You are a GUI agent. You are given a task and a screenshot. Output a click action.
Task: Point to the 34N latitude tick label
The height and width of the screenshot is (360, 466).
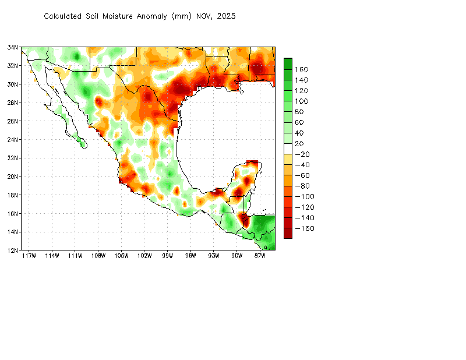(13, 47)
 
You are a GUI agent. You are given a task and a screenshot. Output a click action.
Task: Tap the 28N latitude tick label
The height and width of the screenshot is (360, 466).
(13, 103)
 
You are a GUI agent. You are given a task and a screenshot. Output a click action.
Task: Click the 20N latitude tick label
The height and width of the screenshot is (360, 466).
(13, 177)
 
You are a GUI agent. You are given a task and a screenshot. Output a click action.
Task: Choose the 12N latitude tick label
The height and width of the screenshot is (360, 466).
(13, 250)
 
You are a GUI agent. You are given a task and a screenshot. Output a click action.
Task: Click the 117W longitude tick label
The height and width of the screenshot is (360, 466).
(29, 256)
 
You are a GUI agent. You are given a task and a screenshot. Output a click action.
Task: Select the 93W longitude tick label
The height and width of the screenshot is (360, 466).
(214, 256)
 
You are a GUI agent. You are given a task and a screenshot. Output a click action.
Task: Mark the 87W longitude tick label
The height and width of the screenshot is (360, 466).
(260, 256)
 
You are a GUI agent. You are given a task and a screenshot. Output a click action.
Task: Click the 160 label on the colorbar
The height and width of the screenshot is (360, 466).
(301, 69)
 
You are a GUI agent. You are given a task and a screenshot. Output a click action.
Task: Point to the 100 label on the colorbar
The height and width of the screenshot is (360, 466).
(301, 101)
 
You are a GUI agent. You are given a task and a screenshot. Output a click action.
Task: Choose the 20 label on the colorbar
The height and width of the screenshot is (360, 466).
(299, 143)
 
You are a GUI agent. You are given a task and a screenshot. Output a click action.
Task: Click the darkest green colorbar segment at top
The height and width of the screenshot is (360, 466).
(288, 63)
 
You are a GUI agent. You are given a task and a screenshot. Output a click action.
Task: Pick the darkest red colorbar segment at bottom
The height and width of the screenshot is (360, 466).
(288, 233)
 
